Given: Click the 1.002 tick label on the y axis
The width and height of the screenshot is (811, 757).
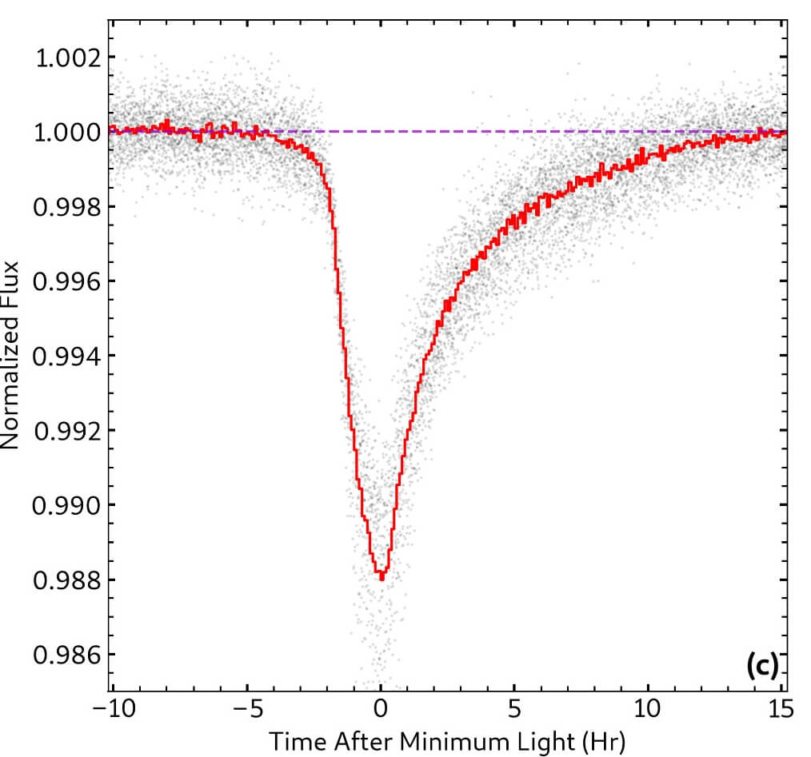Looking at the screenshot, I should tap(66, 58).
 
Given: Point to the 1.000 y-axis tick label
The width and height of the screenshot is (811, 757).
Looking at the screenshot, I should tap(66, 133).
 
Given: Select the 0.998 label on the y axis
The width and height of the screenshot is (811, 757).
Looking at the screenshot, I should tap(66, 207).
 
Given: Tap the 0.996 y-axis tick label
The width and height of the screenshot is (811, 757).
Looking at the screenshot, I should tap(66, 281).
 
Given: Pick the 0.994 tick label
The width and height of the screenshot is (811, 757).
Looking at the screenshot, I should tap(66, 356).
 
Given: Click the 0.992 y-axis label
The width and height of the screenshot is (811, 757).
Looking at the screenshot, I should tap(66, 431).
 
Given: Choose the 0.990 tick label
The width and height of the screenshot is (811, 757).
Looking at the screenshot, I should tap(66, 505).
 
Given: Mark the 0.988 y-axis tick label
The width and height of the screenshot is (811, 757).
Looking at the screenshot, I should tap(66, 580).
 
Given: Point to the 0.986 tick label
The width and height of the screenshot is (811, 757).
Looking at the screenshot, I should tap(66, 655).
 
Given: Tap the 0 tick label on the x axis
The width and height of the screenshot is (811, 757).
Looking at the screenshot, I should tap(381, 709).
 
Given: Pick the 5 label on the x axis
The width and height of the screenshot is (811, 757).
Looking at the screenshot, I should tap(514, 709).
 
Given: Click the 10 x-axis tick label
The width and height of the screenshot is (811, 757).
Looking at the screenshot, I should tap(649, 709).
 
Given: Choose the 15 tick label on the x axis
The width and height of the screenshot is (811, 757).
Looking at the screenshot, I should tap(781, 709).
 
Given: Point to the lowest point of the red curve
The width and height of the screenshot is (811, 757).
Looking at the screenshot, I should tap(382, 578).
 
